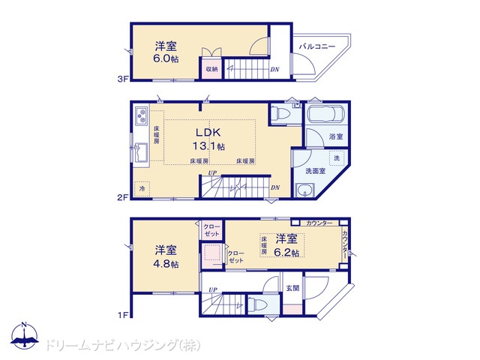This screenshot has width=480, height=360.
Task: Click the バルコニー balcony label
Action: click(317, 46)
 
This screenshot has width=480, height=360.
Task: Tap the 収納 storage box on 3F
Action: click(211, 68)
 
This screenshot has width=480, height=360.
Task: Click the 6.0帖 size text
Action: click(166, 58)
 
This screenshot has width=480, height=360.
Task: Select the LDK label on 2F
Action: click(208, 132)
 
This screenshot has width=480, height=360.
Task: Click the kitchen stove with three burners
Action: click(141, 116)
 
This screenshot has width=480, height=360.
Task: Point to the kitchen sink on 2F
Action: click(141, 153)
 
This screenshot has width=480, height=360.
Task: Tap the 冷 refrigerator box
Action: click(142, 188)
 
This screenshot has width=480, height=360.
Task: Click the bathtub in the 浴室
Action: click(325, 114)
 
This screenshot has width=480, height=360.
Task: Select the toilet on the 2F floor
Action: click(281, 113)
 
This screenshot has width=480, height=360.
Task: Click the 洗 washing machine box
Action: click(337, 158)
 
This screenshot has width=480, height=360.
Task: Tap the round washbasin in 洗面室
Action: click(304, 190)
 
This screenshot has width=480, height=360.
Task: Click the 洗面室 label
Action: click(315, 171)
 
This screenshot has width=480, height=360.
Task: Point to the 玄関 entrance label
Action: click(292, 288)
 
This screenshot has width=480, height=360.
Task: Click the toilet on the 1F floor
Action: click(258, 304)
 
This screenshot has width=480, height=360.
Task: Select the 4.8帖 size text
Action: click(166, 263)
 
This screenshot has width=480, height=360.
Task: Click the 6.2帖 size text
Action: click(286, 252)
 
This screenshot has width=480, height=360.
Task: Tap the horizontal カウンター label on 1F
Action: click(319, 223)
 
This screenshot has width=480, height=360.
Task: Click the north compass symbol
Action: click(25, 336)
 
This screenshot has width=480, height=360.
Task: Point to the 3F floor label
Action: click(123, 79)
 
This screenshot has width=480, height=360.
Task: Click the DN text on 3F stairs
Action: click(274, 70)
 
